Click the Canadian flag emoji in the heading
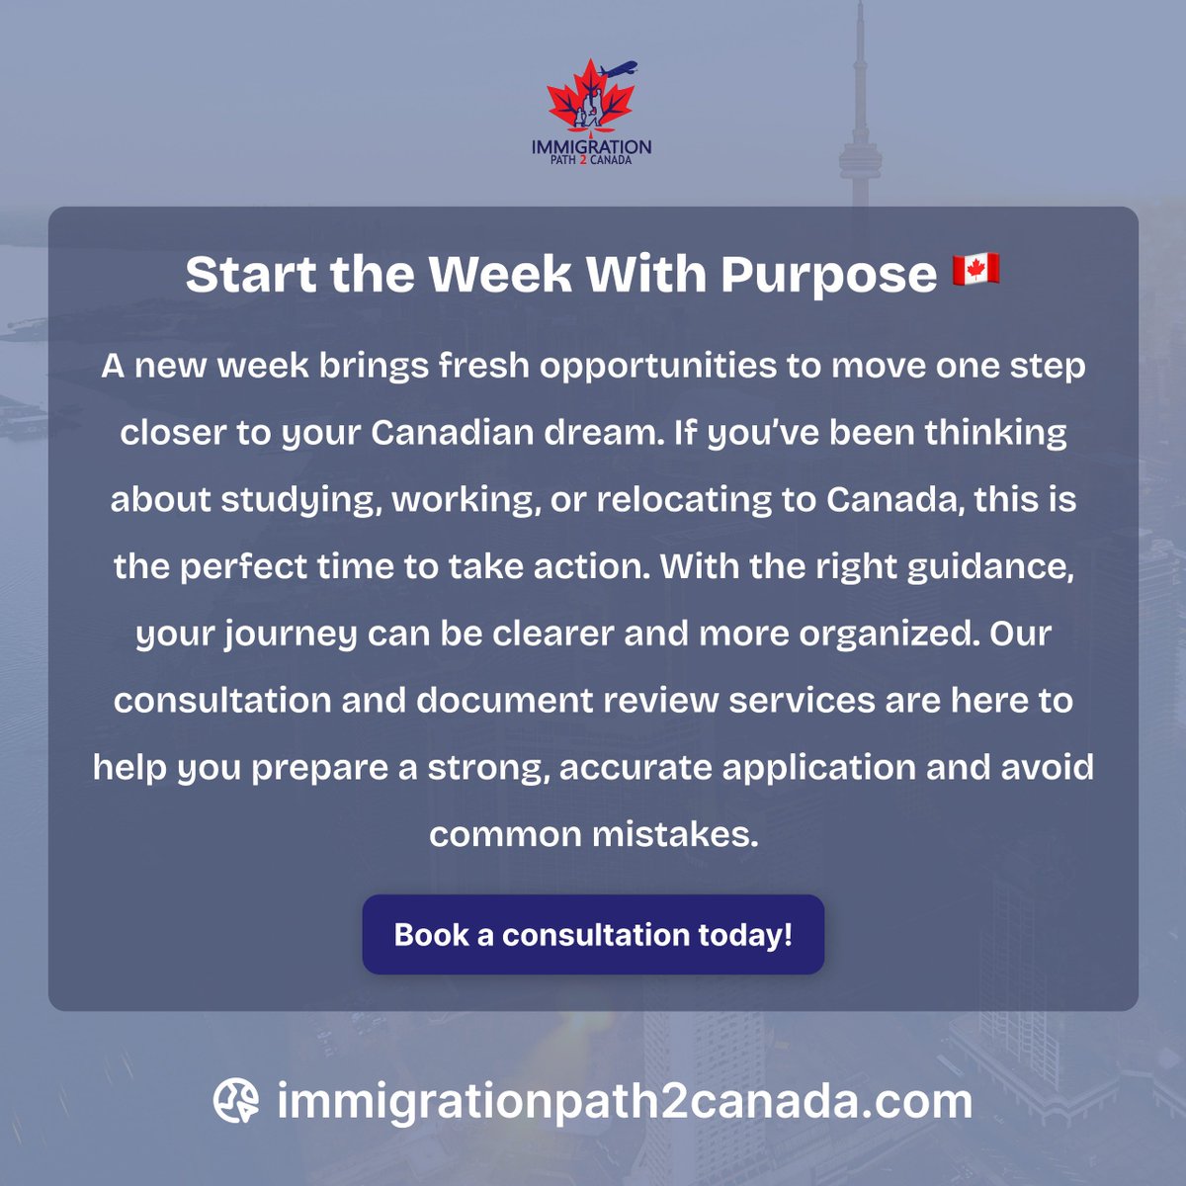(x=975, y=270)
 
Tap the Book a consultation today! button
(x=593, y=935)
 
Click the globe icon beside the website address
(x=236, y=1101)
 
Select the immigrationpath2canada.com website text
(x=625, y=1101)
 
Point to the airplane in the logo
(x=619, y=70)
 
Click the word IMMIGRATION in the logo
(x=591, y=146)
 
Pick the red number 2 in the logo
(x=584, y=160)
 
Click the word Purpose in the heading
(x=828, y=274)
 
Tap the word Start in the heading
(x=251, y=274)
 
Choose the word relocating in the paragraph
(x=683, y=500)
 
